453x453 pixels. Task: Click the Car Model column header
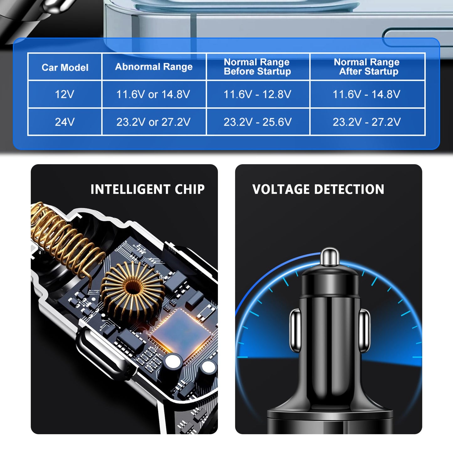point(65,67)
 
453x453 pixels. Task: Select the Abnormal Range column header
point(154,67)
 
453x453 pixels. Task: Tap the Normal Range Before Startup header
point(257,67)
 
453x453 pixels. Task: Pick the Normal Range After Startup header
point(367,67)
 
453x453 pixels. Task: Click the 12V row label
point(65,94)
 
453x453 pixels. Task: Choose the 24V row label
point(65,122)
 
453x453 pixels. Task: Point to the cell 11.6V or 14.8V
point(153,94)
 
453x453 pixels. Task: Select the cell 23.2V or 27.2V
point(153,122)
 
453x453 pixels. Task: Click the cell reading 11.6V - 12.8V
point(257,94)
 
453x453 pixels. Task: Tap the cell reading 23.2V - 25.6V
point(257,122)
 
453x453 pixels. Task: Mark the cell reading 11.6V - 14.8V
point(366,94)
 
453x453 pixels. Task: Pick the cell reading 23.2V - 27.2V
point(366,122)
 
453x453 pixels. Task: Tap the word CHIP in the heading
point(190,189)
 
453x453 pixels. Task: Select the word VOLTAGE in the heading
point(281,189)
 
